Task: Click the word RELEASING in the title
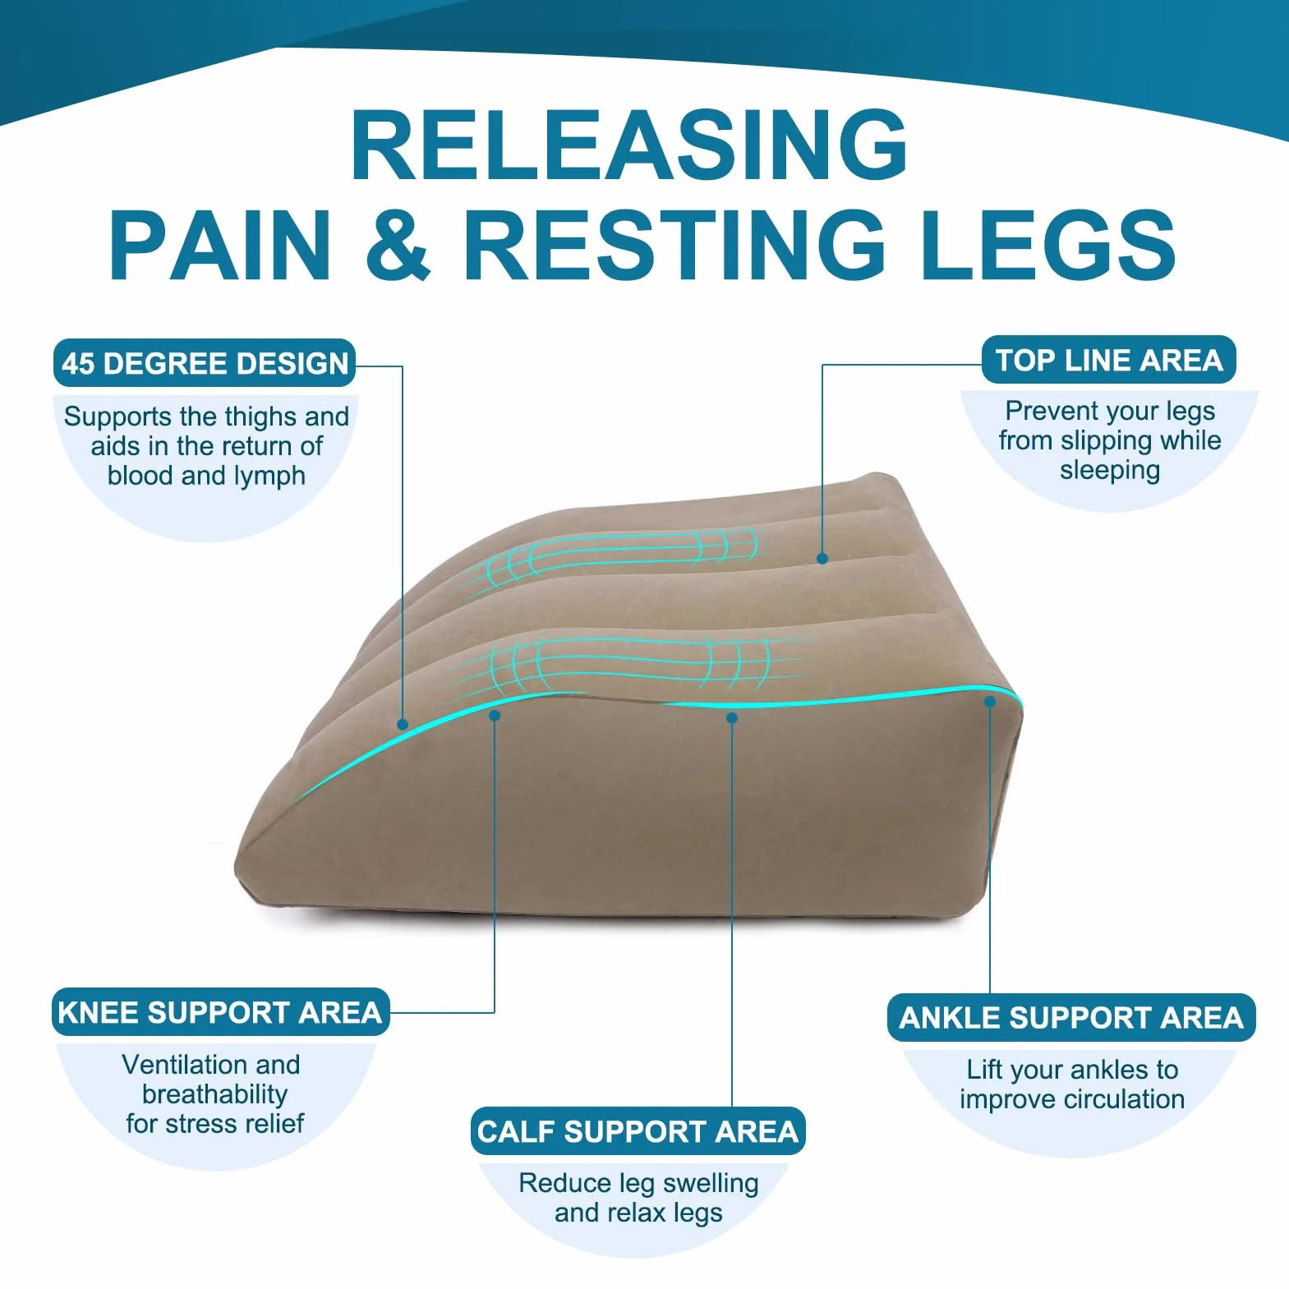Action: coord(629,145)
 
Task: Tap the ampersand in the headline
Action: coord(398,244)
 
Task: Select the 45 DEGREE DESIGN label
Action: coord(205,363)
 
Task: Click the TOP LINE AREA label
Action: coord(1109,360)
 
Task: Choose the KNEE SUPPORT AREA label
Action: coord(220,1012)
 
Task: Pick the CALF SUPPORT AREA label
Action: coord(638,1131)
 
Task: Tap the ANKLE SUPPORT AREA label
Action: coord(1071,1018)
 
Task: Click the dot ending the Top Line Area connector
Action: coord(822,559)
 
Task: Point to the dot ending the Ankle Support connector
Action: coord(990,702)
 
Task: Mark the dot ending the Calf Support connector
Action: coord(732,718)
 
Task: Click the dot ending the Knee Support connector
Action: coord(495,716)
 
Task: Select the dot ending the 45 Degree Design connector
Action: coord(403,724)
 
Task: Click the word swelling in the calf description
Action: coord(711,1184)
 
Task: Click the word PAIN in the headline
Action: coord(221,244)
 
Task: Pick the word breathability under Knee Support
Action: coord(214,1095)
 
